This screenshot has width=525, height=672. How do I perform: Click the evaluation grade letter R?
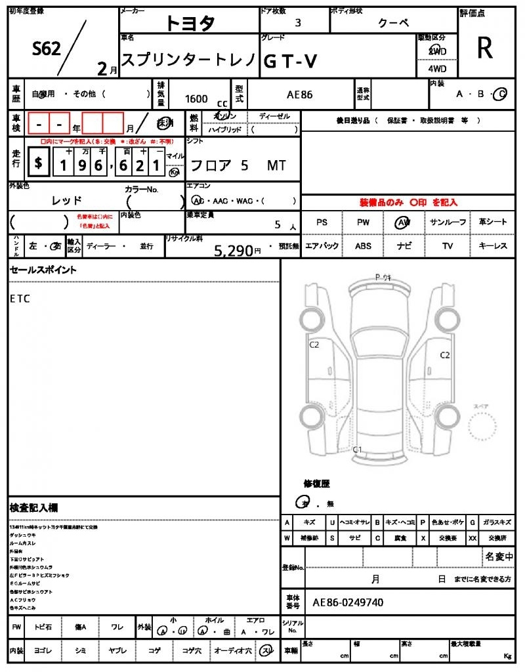pos(484,49)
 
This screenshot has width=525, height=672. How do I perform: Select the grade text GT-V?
pos(291,61)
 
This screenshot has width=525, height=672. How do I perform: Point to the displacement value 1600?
pos(196,98)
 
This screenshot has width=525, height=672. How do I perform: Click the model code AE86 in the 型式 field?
pos(300,94)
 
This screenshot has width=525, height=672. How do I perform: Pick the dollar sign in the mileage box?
pos(39,163)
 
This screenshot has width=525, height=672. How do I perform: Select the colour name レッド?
pos(67,200)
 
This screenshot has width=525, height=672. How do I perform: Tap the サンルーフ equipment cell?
pos(448,222)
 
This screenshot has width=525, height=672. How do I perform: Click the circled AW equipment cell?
pos(403,222)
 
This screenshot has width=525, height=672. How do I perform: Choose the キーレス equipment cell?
pos(493,246)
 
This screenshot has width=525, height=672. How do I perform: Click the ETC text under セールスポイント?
pos(20,299)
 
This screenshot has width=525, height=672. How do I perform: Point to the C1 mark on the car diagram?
pos(358,450)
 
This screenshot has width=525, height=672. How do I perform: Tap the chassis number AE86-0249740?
pos(348,602)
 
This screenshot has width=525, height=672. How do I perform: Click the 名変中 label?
pos(499,556)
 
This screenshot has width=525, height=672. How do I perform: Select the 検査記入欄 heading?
pos(34,508)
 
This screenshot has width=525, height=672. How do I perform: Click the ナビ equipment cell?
pos(403,246)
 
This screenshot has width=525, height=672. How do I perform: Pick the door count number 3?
pos(298,22)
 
